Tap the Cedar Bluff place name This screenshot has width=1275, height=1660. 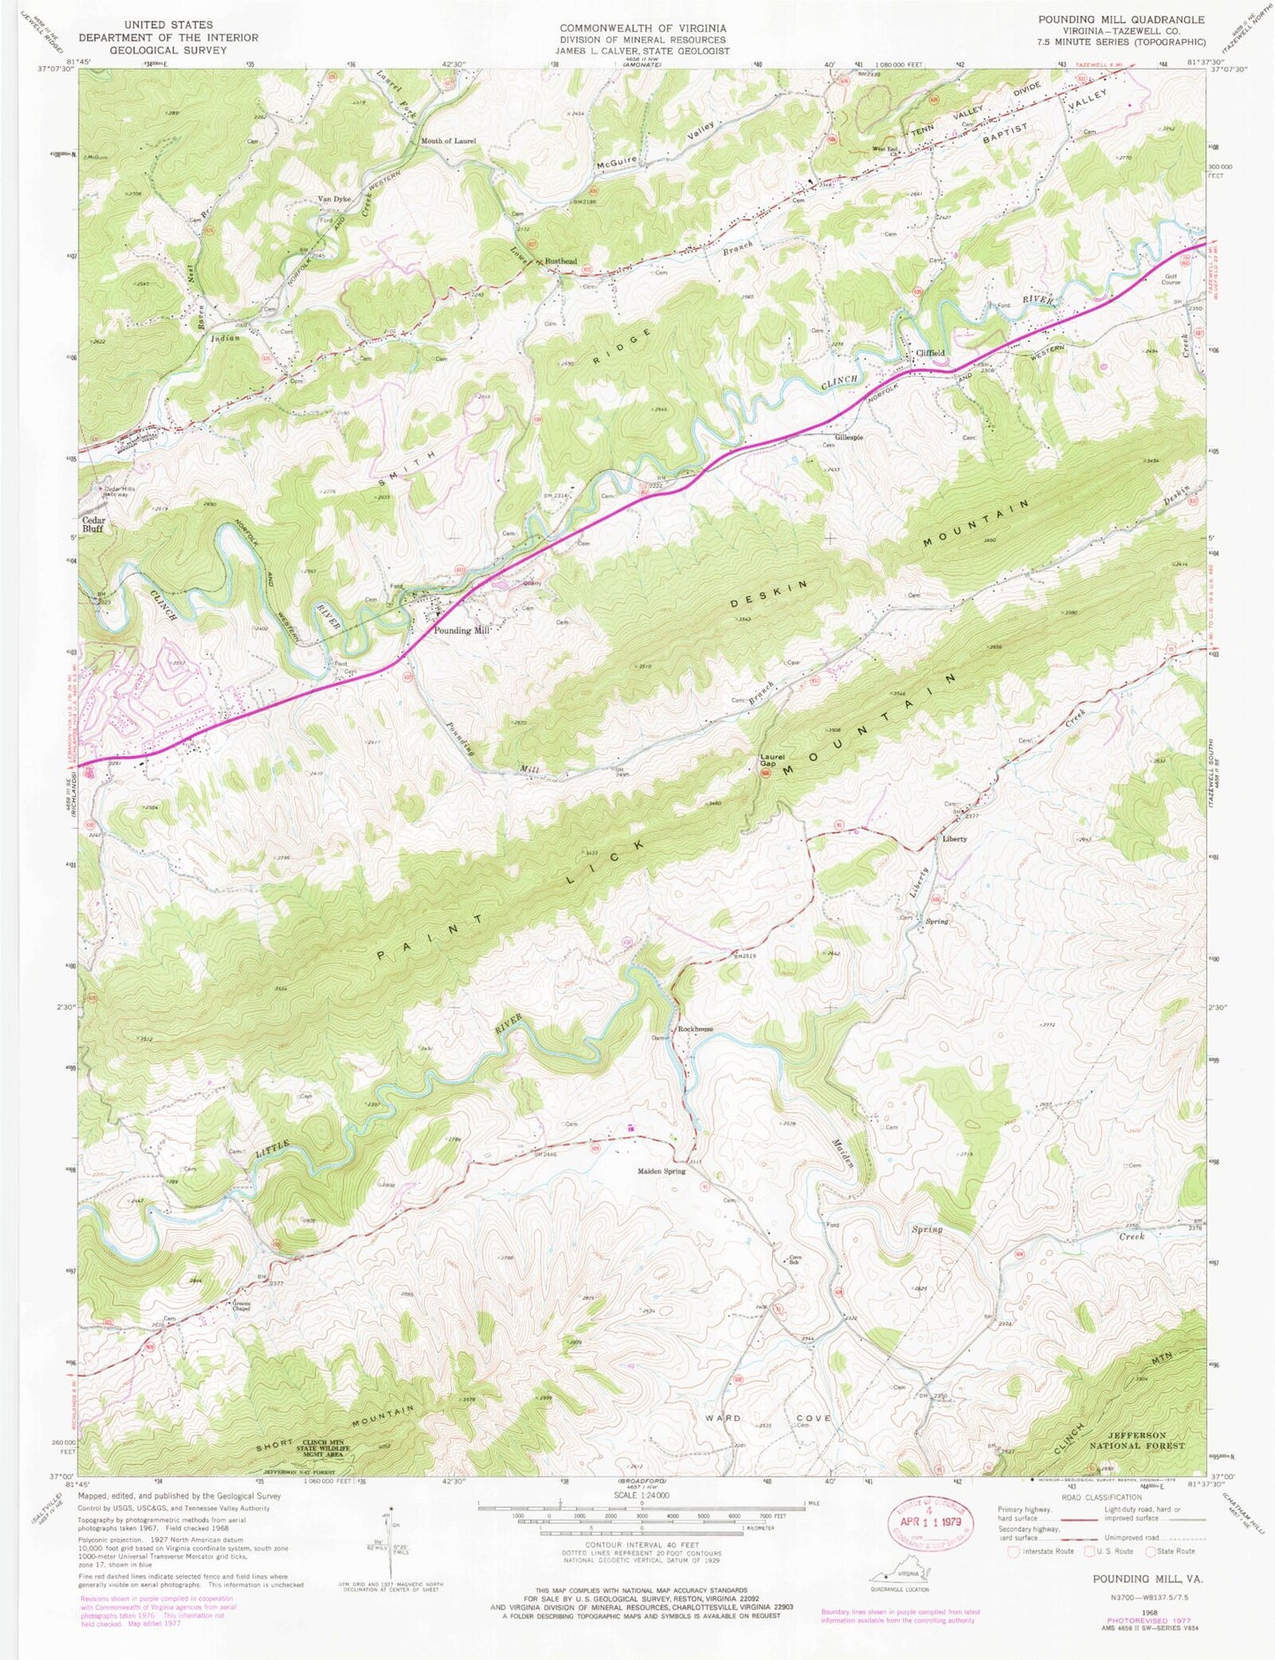[94, 524]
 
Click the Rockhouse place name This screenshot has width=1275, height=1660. [696, 1029]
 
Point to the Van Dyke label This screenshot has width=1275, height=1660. [335, 199]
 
